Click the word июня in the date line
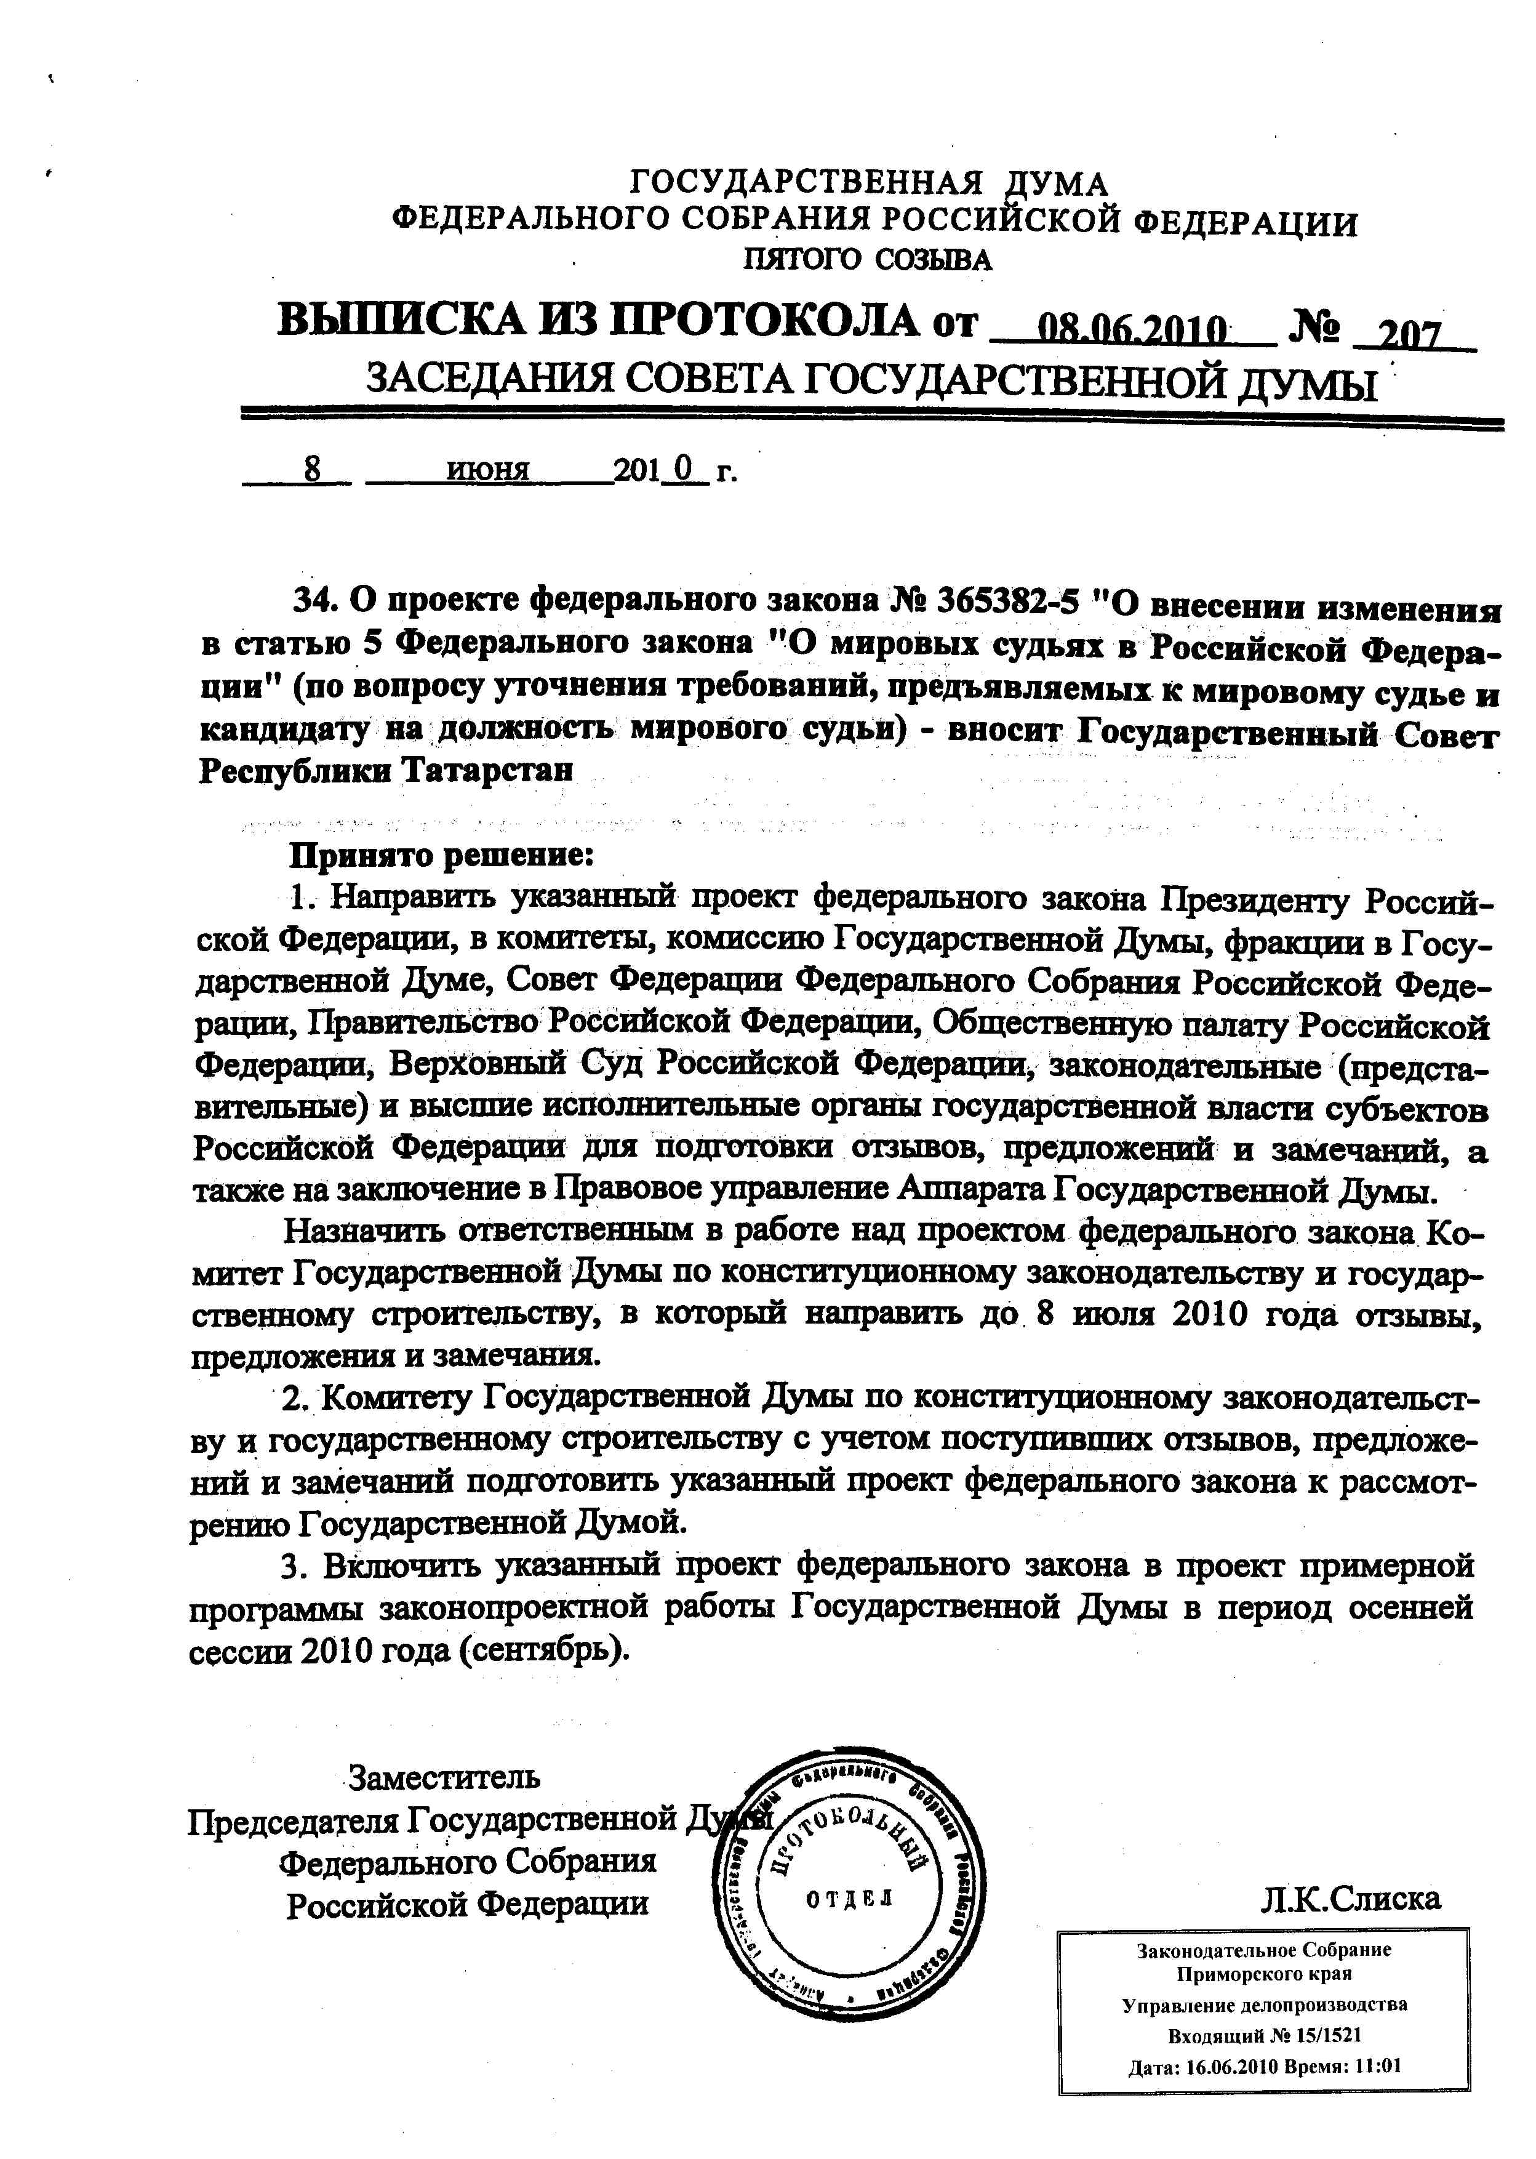487,470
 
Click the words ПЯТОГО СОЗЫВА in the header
867,259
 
